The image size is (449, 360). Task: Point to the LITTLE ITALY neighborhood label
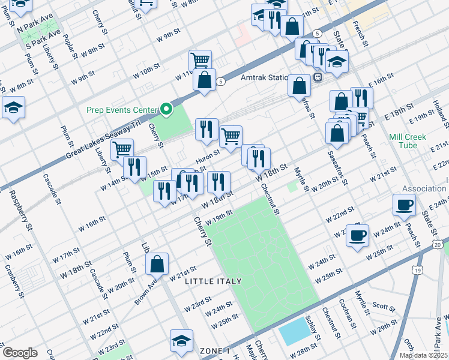[x=213, y=281]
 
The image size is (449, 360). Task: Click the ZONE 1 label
[x=215, y=350]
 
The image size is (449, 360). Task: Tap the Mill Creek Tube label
[x=408, y=141]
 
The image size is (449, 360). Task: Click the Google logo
[x=20, y=353]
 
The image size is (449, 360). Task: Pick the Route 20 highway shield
[x=437, y=244]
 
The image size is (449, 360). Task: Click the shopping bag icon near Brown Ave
[x=157, y=263]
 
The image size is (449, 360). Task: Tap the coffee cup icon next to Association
[x=404, y=205]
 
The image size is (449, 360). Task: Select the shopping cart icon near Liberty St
[x=122, y=148]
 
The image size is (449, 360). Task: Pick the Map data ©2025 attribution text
[x=423, y=355]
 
